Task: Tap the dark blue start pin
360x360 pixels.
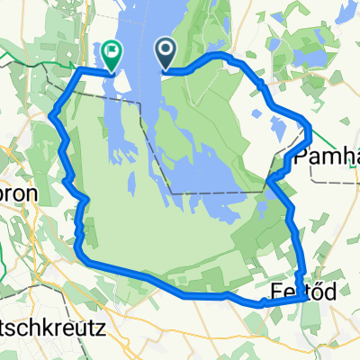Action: coord(167,54)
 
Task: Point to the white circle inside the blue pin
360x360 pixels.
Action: coord(167,50)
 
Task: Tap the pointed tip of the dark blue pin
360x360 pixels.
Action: coord(167,69)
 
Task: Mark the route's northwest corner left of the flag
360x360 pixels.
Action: coord(79,70)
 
